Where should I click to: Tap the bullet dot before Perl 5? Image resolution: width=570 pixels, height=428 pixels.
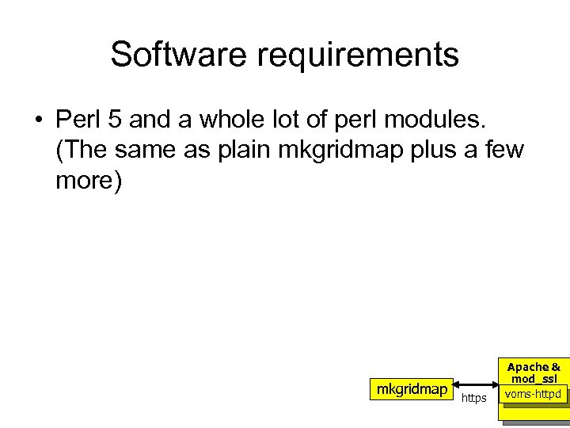[37, 120]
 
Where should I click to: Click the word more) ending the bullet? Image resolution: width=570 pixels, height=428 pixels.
[89, 180]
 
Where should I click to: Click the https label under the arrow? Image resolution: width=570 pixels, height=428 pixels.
[474, 398]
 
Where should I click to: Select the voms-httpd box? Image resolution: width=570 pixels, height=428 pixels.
[534, 394]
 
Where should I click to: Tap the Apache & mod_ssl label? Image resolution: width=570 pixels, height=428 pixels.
[534, 373]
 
